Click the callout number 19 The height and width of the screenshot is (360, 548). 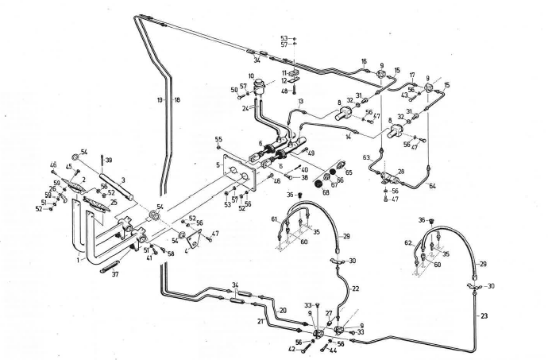160,100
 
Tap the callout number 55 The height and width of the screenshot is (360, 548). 218,139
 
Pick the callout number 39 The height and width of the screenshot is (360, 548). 109,161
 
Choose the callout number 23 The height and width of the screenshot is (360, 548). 484,316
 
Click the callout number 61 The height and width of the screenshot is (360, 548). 273,219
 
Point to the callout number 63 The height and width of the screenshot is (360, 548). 368,159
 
